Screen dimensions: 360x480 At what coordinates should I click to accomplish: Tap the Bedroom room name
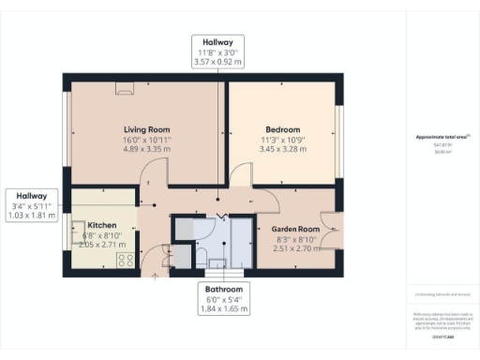tap(282, 128)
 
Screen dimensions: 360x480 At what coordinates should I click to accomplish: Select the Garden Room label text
tap(296, 229)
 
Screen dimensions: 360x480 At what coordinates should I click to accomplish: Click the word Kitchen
tap(101, 225)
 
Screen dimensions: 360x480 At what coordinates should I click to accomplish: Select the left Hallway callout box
tap(32, 205)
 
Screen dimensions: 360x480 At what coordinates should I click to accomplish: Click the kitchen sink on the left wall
tap(75, 235)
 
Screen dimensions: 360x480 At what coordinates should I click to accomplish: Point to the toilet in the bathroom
tap(202, 255)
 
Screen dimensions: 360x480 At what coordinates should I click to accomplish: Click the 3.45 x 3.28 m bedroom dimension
tap(282, 149)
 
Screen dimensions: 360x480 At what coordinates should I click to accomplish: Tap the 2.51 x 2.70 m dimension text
tap(296, 249)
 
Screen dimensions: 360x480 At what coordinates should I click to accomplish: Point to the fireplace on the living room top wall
tap(124, 89)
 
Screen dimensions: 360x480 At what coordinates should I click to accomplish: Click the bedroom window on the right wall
tap(339, 131)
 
